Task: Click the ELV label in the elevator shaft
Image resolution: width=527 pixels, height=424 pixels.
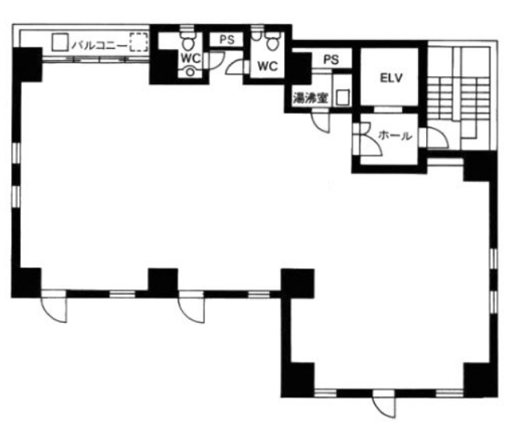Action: pyautogui.click(x=391, y=78)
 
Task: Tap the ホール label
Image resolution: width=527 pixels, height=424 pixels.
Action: pyautogui.click(x=395, y=135)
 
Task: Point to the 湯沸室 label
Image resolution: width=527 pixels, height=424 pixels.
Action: pyautogui.click(x=310, y=98)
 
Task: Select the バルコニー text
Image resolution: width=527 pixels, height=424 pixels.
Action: pyautogui.click(x=100, y=46)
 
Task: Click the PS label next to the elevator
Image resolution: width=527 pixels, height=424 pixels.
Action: pyautogui.click(x=332, y=60)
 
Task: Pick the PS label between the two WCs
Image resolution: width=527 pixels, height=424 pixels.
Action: pyautogui.click(x=227, y=40)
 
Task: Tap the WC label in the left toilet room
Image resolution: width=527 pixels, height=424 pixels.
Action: pyautogui.click(x=191, y=58)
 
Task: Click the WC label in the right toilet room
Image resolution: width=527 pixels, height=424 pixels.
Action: pyautogui.click(x=268, y=67)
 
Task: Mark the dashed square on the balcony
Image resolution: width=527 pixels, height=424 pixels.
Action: pyautogui.click(x=139, y=42)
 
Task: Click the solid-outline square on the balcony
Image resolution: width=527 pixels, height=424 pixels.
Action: pyautogui.click(x=60, y=42)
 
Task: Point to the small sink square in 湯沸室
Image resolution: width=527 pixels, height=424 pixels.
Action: pyautogui.click(x=343, y=97)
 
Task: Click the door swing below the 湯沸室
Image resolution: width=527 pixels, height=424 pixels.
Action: pyautogui.click(x=320, y=120)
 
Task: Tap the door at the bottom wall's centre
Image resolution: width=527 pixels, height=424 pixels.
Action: pyautogui.click(x=384, y=403)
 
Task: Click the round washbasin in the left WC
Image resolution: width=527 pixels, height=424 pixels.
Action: pyautogui.click(x=191, y=72)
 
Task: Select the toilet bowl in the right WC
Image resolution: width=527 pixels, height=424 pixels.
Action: pyautogui.click(x=272, y=42)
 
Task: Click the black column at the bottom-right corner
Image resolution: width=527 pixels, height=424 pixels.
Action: pyautogui.click(x=481, y=380)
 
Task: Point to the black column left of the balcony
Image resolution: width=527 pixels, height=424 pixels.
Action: pyautogui.click(x=28, y=65)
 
